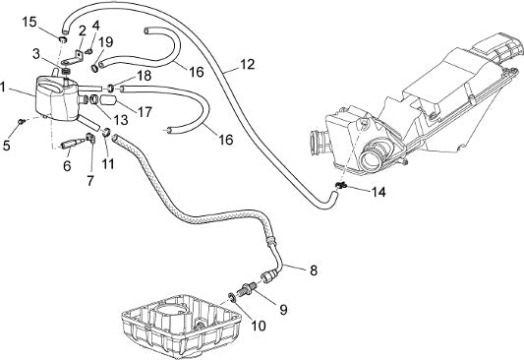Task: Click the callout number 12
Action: click(248, 64)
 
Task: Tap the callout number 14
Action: click(378, 192)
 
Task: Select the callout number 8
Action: click(314, 270)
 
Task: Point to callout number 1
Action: click(3, 88)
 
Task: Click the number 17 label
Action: click(145, 112)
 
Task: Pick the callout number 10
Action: click(259, 326)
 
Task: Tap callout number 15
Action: click(29, 22)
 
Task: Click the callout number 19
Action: click(106, 42)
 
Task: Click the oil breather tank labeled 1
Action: click(56, 97)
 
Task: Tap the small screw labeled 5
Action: click(22, 121)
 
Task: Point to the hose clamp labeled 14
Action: click(341, 185)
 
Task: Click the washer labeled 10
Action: click(232, 297)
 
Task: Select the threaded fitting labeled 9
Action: click(248, 287)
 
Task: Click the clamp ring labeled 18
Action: click(110, 89)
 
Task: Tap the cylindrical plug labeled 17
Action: click(108, 100)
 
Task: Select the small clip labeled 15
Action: click(63, 40)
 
